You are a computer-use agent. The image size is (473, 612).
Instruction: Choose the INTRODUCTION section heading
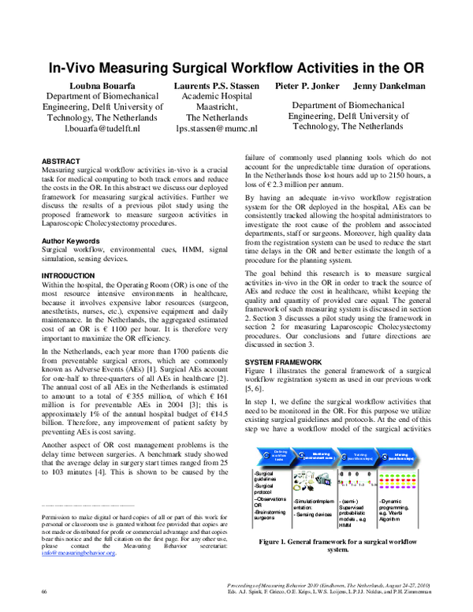point(71,276)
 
